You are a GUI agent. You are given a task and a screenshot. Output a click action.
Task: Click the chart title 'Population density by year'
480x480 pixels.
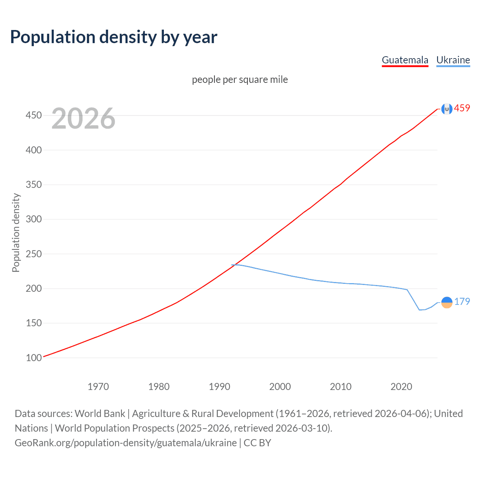click(114, 37)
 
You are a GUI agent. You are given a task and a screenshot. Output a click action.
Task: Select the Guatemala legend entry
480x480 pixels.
click(405, 60)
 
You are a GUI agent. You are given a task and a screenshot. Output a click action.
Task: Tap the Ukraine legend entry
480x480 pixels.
click(453, 60)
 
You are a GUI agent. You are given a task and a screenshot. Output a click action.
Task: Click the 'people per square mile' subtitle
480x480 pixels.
click(240, 79)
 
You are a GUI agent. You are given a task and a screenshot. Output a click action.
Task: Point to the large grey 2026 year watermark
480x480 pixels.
click(83, 118)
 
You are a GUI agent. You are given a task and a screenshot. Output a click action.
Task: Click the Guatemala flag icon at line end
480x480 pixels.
click(447, 109)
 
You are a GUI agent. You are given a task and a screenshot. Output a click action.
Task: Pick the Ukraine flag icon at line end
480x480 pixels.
click(447, 302)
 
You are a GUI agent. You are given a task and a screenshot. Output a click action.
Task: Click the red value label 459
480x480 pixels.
click(462, 108)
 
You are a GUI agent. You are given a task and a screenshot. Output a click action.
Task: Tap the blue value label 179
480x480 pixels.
click(462, 301)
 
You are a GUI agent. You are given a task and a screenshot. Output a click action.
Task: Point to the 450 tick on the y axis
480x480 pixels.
click(34, 115)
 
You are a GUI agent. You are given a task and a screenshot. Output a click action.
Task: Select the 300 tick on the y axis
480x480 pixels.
click(34, 219)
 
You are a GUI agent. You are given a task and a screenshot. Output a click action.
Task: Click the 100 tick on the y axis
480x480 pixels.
click(34, 358)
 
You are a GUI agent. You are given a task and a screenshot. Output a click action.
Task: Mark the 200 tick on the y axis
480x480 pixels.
click(34, 288)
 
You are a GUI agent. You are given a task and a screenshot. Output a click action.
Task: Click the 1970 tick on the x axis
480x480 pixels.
click(98, 387)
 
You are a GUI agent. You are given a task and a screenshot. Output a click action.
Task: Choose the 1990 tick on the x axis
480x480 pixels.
click(219, 387)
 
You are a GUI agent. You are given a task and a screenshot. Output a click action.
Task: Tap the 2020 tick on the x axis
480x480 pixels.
click(401, 387)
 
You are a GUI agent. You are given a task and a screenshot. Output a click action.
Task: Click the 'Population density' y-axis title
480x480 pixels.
click(16, 232)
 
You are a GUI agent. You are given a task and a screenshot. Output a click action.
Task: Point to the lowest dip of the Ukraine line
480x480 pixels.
click(420, 310)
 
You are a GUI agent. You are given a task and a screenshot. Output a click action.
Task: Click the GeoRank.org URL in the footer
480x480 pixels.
click(126, 443)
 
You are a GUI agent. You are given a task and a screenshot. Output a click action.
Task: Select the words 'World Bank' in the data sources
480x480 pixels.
click(100, 414)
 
